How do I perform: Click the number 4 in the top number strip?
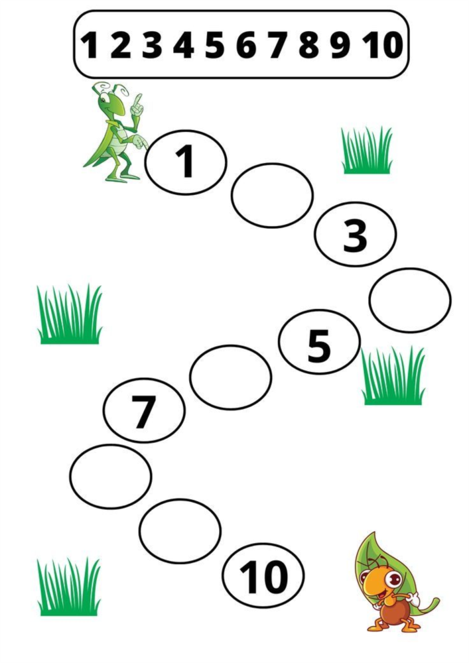(x=184, y=45)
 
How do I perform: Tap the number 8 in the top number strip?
(x=308, y=45)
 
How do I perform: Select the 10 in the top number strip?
(x=382, y=45)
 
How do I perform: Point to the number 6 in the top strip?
(x=246, y=45)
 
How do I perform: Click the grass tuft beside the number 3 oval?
(x=367, y=151)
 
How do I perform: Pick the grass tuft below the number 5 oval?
(x=393, y=377)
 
